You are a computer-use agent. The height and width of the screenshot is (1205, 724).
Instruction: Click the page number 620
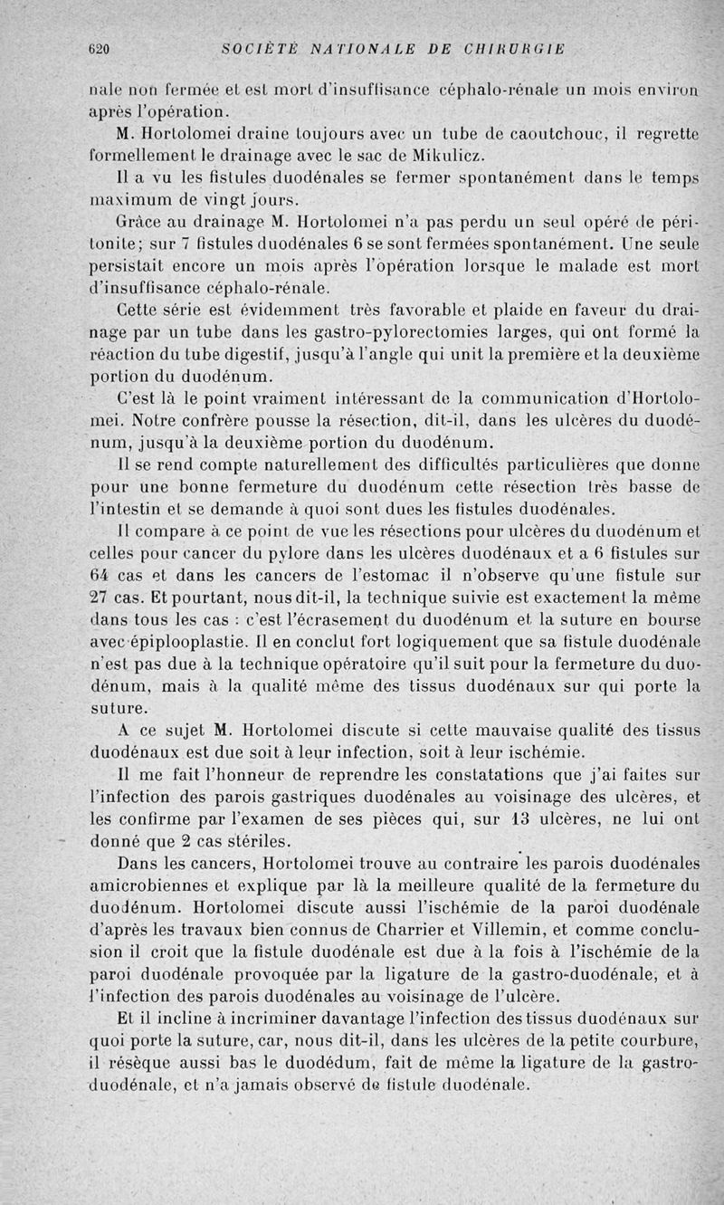pyautogui.click(x=99, y=50)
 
